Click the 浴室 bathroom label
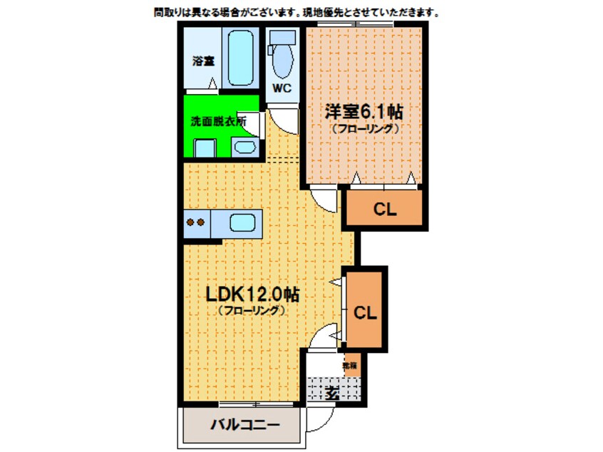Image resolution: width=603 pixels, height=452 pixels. click(x=203, y=61)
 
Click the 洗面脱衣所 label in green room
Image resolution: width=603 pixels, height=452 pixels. click(x=217, y=121)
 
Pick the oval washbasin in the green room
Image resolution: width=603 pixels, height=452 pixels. click(x=246, y=148)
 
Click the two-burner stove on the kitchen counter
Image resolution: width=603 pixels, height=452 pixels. click(x=196, y=222)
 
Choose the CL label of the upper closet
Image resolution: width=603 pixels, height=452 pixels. click(x=386, y=209)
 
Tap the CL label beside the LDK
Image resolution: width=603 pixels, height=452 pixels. click(x=366, y=312)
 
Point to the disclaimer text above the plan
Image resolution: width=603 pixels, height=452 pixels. click(x=296, y=12)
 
